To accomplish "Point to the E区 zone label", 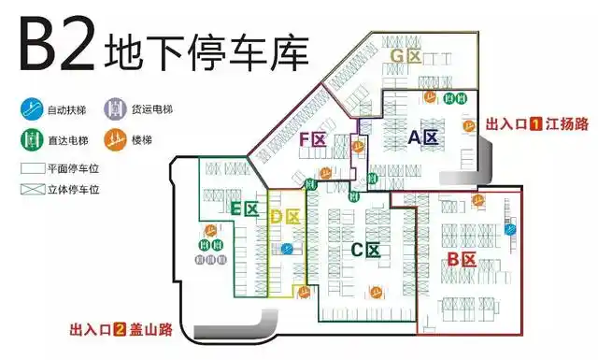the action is (x=244, y=209).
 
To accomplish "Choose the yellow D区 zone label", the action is (x=282, y=218).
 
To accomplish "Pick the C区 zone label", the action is (x=365, y=250).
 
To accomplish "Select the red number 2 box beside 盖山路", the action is (x=120, y=329).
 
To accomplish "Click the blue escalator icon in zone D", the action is (x=287, y=248).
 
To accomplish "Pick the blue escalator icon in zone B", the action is (x=510, y=229).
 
